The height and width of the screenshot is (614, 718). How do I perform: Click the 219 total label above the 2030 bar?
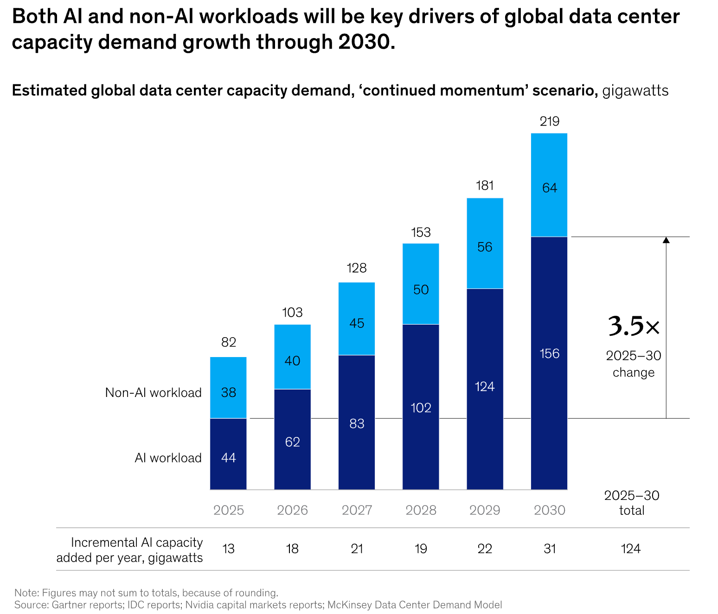point(550,122)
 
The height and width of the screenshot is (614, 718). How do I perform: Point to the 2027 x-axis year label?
point(357,510)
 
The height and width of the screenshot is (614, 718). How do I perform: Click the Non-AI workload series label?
point(153,393)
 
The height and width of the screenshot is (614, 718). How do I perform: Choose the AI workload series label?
point(168,458)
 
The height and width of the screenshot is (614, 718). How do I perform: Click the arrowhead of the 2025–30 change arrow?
point(666,240)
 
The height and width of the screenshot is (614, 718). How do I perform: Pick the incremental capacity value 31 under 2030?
point(550,549)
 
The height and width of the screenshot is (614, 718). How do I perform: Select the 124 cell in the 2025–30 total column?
point(630,549)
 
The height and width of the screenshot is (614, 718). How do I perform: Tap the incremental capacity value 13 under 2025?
point(228,549)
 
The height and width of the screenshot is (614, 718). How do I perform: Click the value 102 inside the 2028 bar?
point(421,408)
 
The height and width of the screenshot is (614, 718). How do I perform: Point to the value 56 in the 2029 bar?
point(485,247)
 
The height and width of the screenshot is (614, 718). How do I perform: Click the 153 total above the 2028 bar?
point(421,232)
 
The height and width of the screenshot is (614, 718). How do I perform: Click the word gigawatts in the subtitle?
point(635,90)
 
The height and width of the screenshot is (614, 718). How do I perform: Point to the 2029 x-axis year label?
point(485,510)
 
